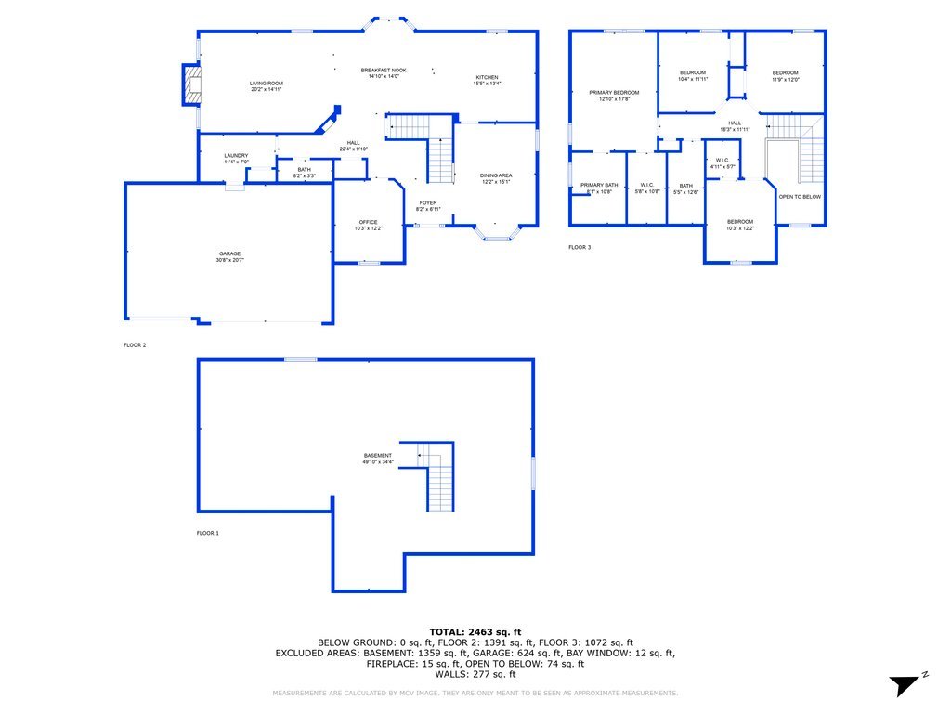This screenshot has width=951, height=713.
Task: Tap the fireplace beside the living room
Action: tap(191, 84)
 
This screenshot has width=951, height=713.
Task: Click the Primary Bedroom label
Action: tap(614, 96)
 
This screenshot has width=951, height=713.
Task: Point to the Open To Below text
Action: tap(799, 197)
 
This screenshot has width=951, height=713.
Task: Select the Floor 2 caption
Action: tap(135, 344)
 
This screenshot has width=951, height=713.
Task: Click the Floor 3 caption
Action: tap(580, 247)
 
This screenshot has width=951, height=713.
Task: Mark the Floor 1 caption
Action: tap(207, 533)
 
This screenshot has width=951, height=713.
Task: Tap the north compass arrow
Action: tap(904, 685)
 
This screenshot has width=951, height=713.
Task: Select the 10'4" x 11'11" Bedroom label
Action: tap(693, 76)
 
